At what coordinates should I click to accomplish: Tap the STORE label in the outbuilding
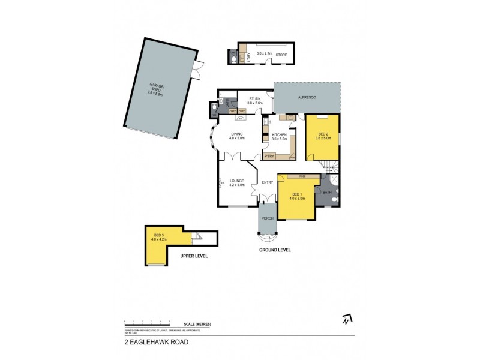[281, 55]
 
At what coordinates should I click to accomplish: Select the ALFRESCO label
[307, 97]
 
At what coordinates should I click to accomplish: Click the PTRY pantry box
[269, 156]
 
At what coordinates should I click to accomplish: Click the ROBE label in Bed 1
[298, 176]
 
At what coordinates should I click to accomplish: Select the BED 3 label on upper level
[158, 236]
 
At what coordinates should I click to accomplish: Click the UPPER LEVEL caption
[194, 256]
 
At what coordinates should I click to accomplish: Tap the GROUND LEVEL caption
[274, 250]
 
